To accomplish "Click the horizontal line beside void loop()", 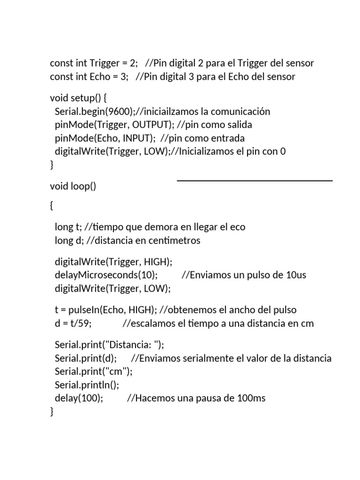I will pos(255,180).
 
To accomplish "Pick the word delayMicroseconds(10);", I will pos(106,275).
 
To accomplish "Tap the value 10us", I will pos(295,275).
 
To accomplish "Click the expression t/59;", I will pos(82,323).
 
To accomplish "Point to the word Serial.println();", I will pos(87,385).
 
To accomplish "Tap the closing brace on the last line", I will pos(52,412).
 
